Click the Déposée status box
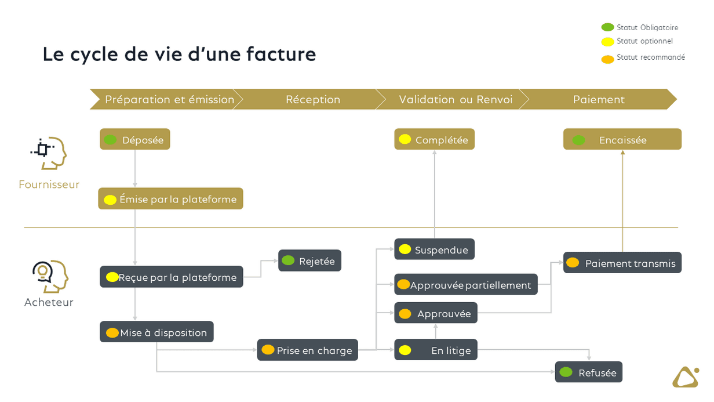point(135,139)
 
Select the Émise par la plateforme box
point(170,199)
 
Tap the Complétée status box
point(435,139)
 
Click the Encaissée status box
point(622,139)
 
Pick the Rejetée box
point(310,260)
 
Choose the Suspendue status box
point(435,249)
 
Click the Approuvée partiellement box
point(466,285)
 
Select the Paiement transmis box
point(622,263)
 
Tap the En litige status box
point(436,350)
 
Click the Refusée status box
point(589,372)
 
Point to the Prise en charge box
point(308,350)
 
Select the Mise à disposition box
point(156,332)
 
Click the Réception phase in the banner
point(312,99)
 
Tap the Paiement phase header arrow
point(599,99)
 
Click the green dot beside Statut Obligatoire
point(607,27)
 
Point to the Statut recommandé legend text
point(651,57)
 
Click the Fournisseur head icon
point(49,153)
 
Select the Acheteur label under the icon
point(49,302)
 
